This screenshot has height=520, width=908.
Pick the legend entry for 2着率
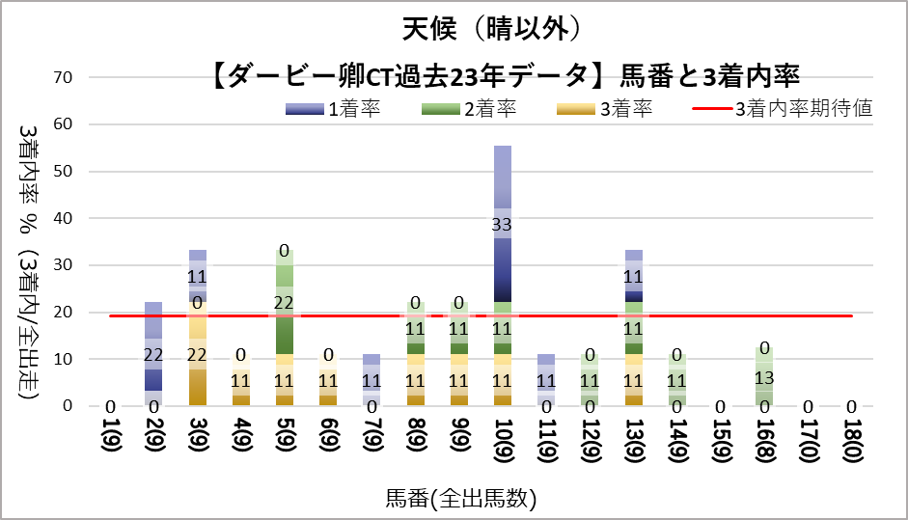pos(468,108)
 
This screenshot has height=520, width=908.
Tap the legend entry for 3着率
pos(604,108)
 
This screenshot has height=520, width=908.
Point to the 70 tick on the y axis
pos(75,77)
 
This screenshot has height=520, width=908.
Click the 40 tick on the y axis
pos(75,218)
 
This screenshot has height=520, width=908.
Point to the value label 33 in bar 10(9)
pos(503,225)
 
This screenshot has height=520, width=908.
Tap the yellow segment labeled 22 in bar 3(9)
pos(198,354)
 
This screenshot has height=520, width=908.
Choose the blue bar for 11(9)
pos(546,380)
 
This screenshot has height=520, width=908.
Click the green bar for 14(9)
pos(676,380)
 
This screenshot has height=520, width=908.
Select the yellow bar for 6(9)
pos(329,380)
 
